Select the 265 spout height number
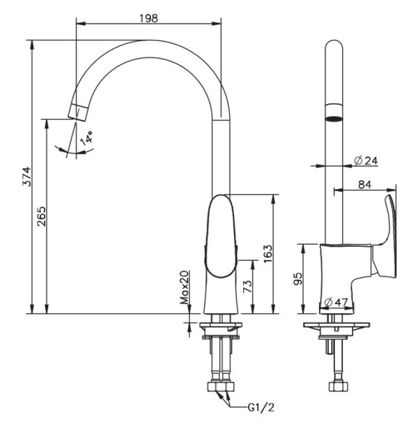click(40, 215)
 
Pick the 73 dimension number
click(245, 285)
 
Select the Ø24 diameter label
click(365, 161)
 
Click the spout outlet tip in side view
click(79, 110)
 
